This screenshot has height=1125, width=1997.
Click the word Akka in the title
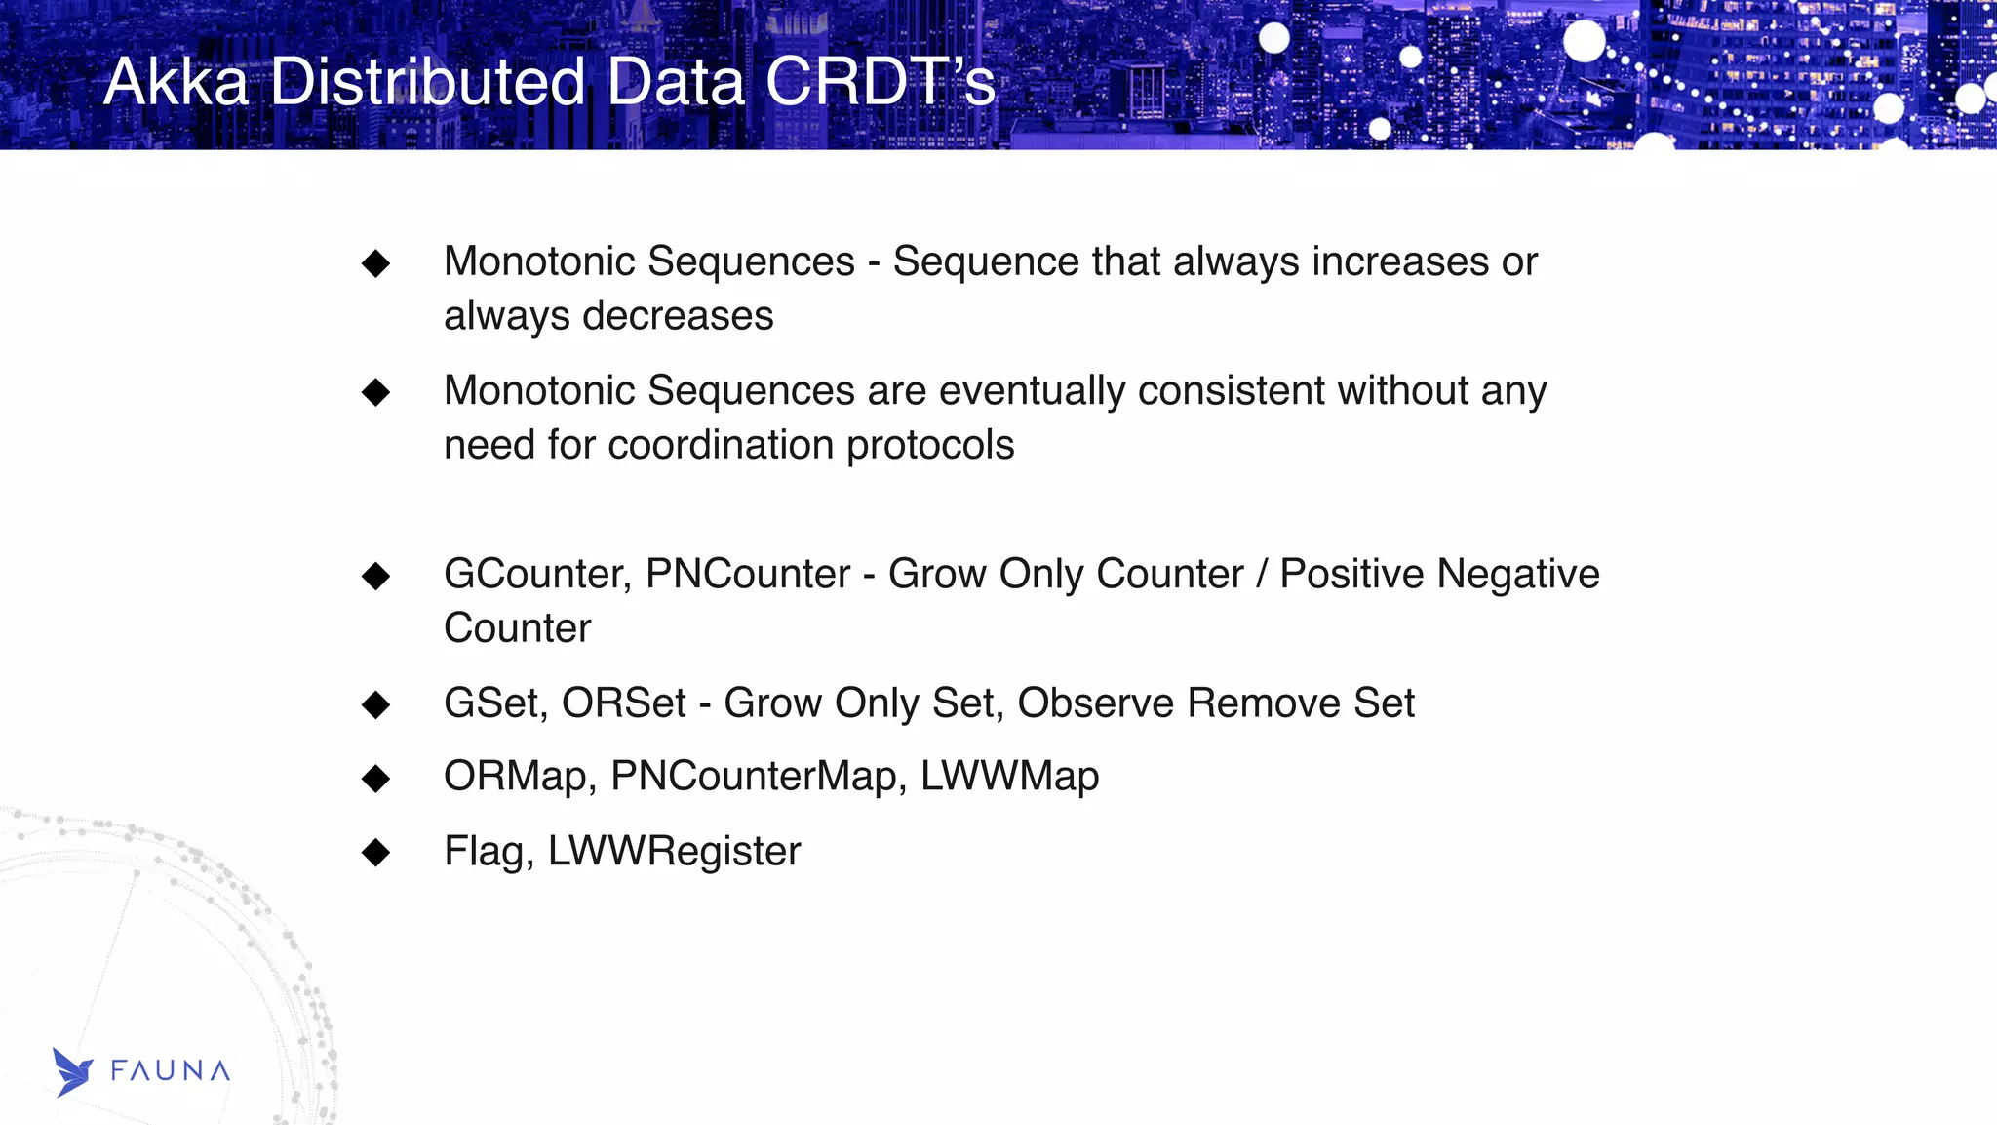[x=176, y=82]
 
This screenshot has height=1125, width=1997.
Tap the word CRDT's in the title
[x=880, y=82]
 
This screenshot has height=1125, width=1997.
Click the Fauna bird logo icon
[x=72, y=1072]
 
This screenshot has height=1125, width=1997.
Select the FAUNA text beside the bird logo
[x=171, y=1071]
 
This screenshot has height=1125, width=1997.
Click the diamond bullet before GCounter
[x=375, y=576]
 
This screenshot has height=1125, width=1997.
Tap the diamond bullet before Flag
[x=375, y=853]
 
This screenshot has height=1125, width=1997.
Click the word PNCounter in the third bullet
[x=748, y=575]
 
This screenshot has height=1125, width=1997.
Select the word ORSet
[x=624, y=703]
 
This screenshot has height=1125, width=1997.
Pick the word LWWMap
[x=1009, y=777]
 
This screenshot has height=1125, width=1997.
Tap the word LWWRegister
[x=674, y=852]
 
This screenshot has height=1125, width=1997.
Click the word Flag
[x=489, y=852]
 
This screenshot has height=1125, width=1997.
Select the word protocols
[x=930, y=446]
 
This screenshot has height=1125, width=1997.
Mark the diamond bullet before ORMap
[x=375, y=779]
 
